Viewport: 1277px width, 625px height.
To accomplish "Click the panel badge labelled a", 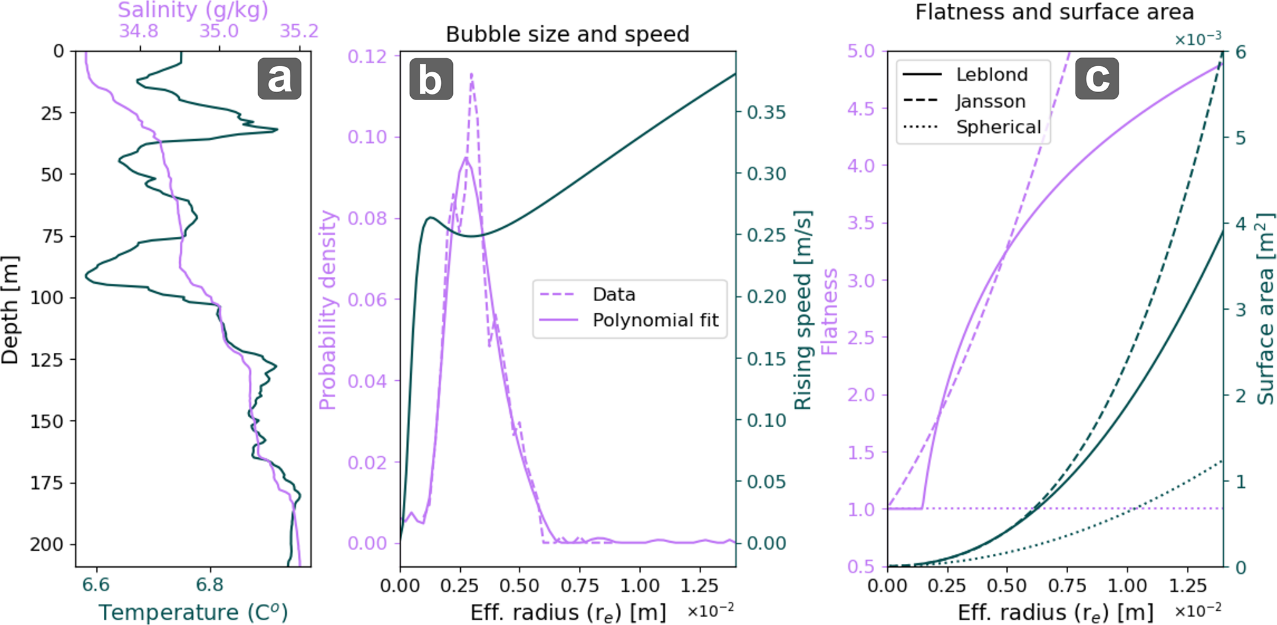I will click(279, 79).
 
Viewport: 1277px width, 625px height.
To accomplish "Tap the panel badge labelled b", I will click(431, 79).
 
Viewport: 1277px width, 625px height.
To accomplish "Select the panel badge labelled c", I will click(1097, 78).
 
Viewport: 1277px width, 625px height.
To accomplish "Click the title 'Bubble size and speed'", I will click(567, 34).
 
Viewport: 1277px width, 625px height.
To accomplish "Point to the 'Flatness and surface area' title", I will click(1054, 12).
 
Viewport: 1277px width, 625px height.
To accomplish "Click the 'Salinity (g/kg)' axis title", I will click(193, 10).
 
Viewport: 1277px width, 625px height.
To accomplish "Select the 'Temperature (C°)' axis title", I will click(193, 612).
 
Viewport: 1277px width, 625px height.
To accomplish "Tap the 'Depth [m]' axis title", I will click(10, 310).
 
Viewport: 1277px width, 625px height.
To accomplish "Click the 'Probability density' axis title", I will click(327, 310).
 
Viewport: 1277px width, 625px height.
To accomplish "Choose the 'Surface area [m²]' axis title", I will click(1265, 309).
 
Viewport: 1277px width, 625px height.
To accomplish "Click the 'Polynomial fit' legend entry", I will click(655, 320).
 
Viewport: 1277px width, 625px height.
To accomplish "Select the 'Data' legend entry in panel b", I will click(613, 294).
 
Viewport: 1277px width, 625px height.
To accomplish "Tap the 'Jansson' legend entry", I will click(990, 101).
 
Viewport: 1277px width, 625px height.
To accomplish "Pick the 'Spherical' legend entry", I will click(998, 127).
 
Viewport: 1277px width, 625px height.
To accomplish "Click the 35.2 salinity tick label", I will click(299, 31).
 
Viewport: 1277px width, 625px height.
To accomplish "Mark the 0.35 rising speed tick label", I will click(766, 113).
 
